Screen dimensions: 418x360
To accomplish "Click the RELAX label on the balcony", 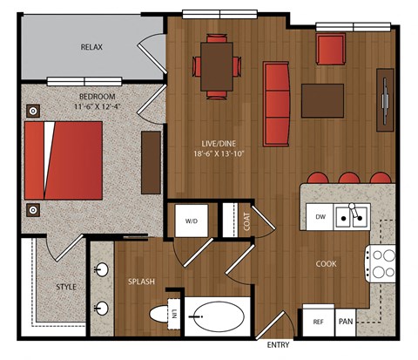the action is pyautogui.click(x=91, y=47).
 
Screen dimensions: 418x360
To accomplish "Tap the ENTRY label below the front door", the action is pyautogui.click(x=278, y=345).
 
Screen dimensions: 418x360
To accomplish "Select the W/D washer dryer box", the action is pyautogui.click(x=192, y=221).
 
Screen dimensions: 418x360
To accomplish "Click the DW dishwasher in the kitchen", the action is pyautogui.click(x=320, y=216).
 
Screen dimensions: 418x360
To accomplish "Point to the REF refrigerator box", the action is pyautogui.click(x=319, y=321).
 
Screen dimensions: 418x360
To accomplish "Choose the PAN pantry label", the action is pyautogui.click(x=346, y=322).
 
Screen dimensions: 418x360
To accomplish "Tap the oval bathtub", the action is pyautogui.click(x=217, y=316).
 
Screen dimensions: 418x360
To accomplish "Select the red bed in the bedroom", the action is pyautogui.click(x=64, y=160).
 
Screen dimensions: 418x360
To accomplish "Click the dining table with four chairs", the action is pyautogui.click(x=217, y=66).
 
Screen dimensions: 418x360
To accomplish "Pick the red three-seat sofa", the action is pyautogui.click(x=277, y=104).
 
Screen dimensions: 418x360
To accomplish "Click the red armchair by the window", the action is pyautogui.click(x=331, y=49).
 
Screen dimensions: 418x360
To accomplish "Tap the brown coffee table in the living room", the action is pyautogui.click(x=322, y=100).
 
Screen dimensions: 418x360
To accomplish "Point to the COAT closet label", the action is pyautogui.click(x=246, y=221).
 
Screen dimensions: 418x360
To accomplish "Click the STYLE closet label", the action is pyautogui.click(x=66, y=287).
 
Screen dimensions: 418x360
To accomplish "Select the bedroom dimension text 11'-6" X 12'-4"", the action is pyautogui.click(x=98, y=106).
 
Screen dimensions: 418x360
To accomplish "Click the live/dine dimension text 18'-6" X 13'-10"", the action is pyautogui.click(x=219, y=153).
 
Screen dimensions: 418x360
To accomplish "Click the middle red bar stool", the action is pyautogui.click(x=349, y=178).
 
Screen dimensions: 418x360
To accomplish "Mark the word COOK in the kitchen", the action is pyautogui.click(x=327, y=264).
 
